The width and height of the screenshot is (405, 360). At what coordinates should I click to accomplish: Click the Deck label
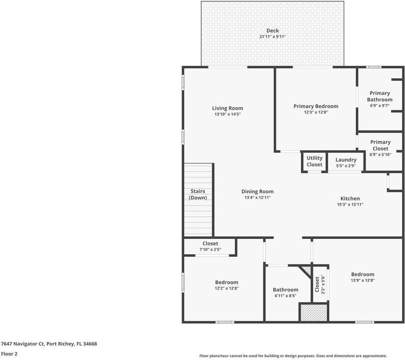click(272, 31)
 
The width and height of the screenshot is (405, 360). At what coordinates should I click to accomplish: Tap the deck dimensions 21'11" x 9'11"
click(272, 37)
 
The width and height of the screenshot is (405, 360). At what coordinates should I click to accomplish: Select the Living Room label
click(227, 108)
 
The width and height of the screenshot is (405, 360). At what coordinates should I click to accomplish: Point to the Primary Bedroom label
click(316, 106)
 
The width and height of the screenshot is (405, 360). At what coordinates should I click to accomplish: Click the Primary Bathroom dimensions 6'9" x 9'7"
click(380, 106)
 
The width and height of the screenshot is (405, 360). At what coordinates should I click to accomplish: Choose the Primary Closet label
click(380, 145)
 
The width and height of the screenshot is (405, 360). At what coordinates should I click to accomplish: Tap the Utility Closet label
click(314, 161)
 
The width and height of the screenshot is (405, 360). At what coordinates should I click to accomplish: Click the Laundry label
click(346, 160)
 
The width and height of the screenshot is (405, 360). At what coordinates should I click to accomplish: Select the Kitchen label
click(350, 199)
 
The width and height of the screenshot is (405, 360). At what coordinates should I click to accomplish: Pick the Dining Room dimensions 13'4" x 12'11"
click(258, 197)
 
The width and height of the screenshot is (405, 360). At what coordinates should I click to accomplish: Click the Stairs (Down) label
click(198, 194)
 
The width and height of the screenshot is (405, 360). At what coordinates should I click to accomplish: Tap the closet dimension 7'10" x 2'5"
click(210, 250)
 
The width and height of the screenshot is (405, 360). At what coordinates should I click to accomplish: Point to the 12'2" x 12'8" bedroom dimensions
click(227, 288)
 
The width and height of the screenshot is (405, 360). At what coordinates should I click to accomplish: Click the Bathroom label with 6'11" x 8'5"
click(286, 290)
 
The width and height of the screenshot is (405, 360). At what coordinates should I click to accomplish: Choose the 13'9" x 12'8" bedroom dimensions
click(363, 281)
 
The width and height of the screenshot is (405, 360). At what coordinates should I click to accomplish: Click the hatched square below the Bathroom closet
click(313, 312)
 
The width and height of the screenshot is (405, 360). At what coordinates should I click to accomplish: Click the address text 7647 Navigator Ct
click(23, 344)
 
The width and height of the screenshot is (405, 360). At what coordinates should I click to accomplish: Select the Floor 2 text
click(9, 354)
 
